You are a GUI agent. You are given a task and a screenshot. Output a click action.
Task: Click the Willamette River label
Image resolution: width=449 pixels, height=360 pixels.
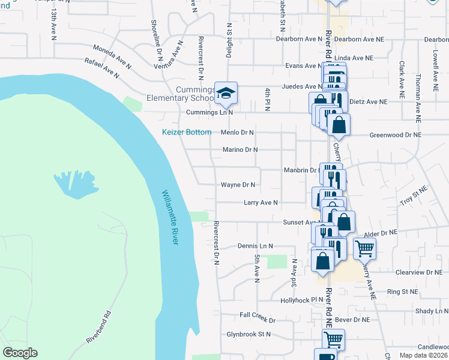click(x=170, y=217)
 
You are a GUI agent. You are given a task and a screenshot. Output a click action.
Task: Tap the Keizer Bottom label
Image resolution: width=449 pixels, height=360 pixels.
click(x=187, y=132)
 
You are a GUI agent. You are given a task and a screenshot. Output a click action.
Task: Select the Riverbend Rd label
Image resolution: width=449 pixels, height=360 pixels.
click(x=99, y=326)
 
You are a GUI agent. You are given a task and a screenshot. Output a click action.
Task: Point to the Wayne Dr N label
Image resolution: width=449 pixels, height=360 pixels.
click(x=238, y=185)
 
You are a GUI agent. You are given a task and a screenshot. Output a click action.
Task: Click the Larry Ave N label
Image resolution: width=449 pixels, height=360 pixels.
click(x=261, y=203)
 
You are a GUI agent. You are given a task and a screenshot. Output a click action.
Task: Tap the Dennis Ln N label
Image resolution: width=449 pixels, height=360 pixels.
click(x=255, y=246)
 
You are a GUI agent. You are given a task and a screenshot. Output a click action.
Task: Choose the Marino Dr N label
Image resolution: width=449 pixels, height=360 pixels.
click(x=240, y=149)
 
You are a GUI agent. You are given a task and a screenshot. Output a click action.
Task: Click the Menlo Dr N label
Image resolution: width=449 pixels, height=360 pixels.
click(x=238, y=132)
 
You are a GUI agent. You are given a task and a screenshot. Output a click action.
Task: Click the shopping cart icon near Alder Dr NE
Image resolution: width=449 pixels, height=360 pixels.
click(x=364, y=248)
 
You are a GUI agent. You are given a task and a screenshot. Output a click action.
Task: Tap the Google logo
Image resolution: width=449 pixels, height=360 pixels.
click(x=20, y=353)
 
